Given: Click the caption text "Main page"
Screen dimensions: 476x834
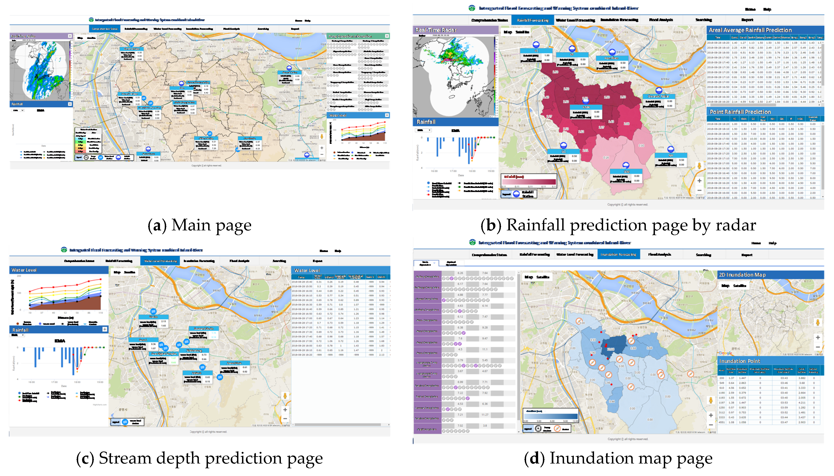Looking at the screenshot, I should pos(211,225).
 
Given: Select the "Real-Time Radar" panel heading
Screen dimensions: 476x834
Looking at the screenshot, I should pos(436,30).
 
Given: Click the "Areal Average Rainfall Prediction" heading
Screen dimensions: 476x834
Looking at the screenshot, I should pos(750,30).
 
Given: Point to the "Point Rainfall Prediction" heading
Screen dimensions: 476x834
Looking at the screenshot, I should pos(740,112).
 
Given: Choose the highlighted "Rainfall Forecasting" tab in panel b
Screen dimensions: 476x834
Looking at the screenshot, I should pos(533,20).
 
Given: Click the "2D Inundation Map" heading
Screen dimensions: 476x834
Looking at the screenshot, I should pos(742,275).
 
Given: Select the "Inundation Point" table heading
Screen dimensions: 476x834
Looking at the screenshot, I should pos(739,361).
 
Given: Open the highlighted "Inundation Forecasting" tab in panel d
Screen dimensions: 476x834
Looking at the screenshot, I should pos(618,254).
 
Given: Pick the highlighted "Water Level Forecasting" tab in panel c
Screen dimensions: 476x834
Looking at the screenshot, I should pos(160,261).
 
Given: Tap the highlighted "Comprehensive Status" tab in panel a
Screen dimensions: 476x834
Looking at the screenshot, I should pos(105,29).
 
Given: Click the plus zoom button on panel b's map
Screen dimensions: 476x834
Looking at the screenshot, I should pos(699,181).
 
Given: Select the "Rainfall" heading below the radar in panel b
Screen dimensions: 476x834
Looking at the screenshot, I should pos(426,122).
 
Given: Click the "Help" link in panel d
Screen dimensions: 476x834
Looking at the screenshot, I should pos(773,243).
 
